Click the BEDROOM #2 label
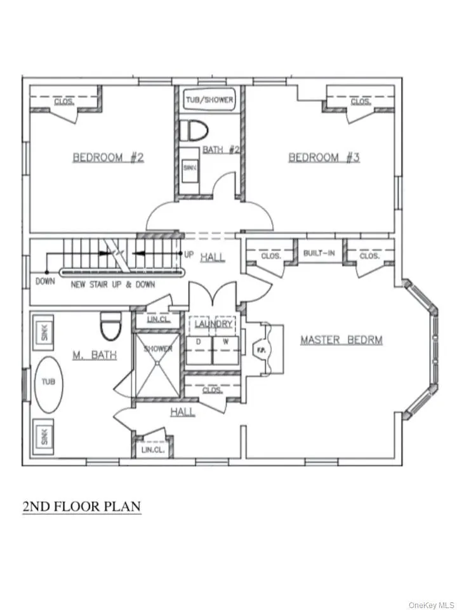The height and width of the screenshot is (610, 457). click(108, 157)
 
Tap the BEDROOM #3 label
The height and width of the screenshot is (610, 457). click(324, 157)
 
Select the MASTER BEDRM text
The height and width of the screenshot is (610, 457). click(341, 340)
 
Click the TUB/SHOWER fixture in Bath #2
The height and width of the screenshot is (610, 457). click(209, 100)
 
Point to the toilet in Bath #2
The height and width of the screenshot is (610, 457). click(194, 131)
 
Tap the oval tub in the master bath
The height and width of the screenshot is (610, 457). click(48, 385)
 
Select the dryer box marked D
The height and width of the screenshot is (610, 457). click(198, 349)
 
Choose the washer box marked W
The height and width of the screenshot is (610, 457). click(225, 349)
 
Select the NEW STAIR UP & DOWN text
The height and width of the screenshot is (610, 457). click(112, 284)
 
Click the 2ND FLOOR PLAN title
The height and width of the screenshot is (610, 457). click(81, 506)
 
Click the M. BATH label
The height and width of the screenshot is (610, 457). click(95, 355)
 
